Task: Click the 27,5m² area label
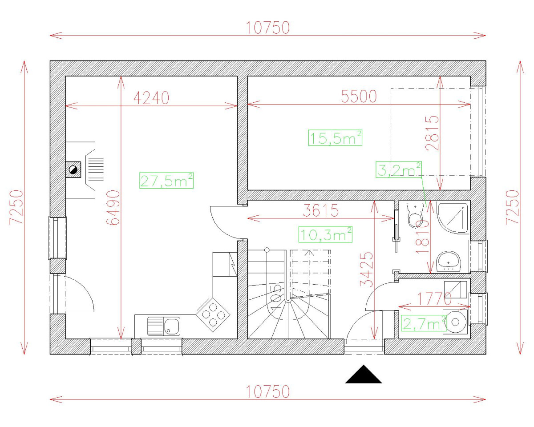coord(166,181)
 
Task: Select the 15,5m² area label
coord(335,138)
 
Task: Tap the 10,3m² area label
coord(325,234)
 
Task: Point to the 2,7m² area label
coord(423,323)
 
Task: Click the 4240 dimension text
coord(151,98)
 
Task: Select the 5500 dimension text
coord(359,96)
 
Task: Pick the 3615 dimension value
coord(320,210)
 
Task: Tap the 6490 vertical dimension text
coord(113,207)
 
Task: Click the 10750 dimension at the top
coord(267,28)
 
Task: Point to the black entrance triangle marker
coord(364,375)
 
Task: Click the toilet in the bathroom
coord(416,215)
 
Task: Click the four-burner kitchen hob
coord(214,312)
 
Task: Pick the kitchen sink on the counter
coord(164,326)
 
